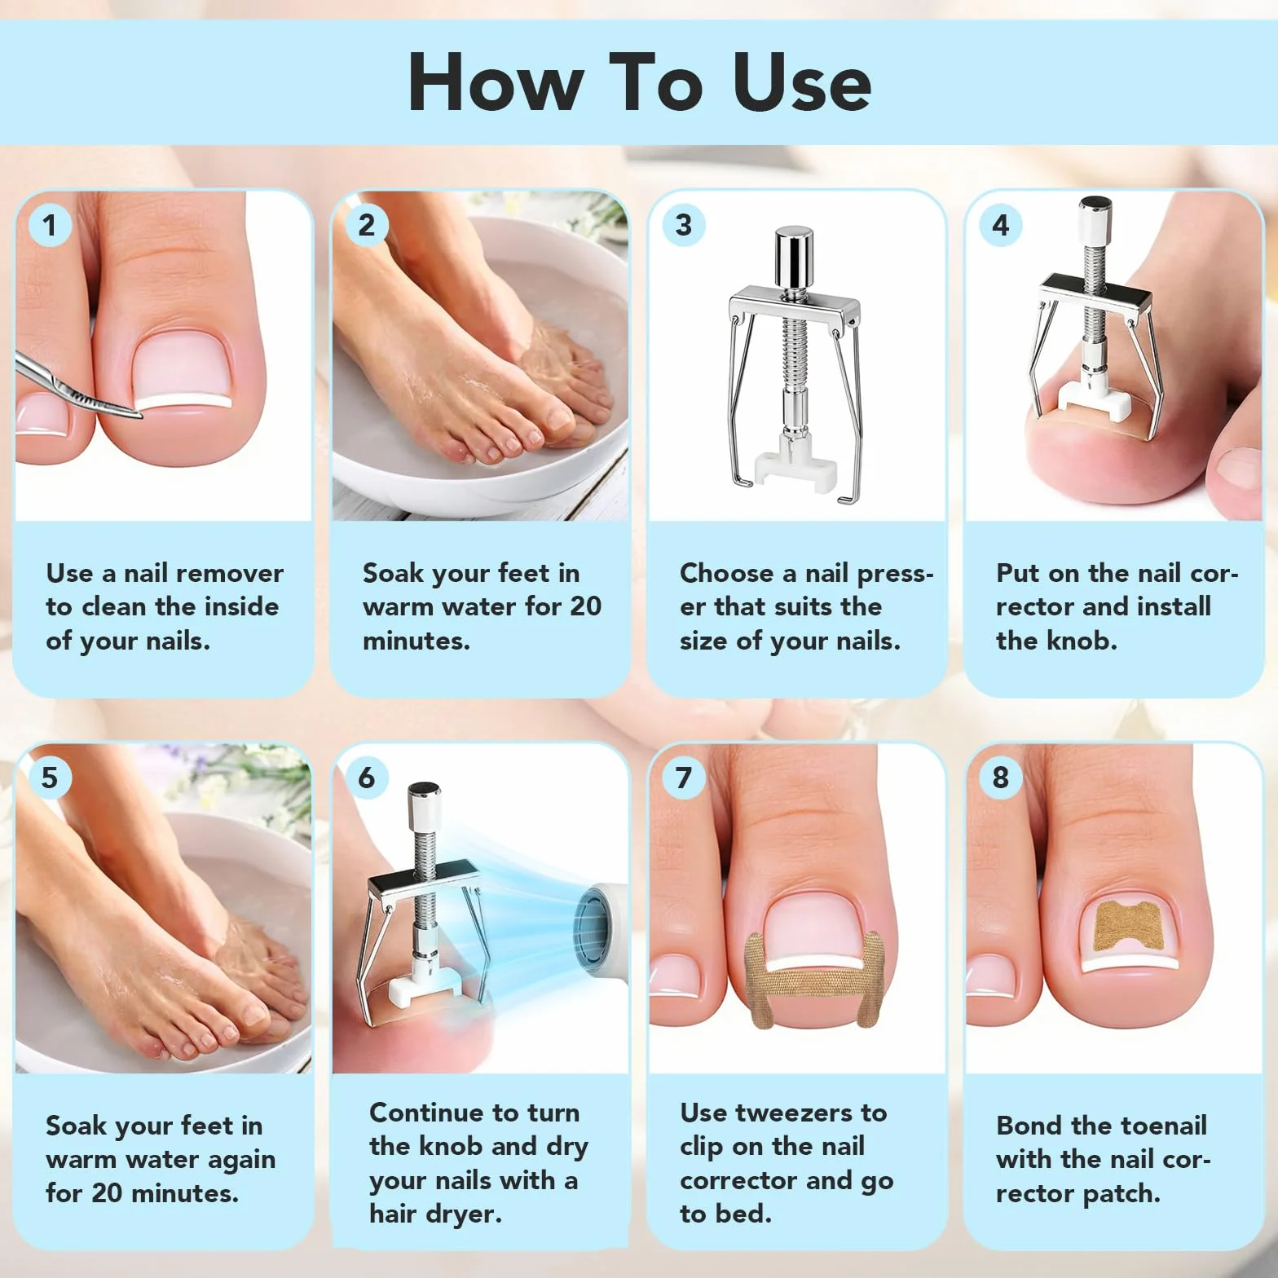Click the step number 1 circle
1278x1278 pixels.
pyautogui.click(x=50, y=225)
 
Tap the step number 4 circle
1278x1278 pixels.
pyautogui.click(x=1000, y=225)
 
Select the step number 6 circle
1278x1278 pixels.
pyautogui.click(x=367, y=778)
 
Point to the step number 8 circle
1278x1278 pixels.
pyautogui.click(x=1000, y=778)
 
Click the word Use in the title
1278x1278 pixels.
pyautogui.click(x=802, y=82)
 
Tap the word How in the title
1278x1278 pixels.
pyautogui.click(x=496, y=82)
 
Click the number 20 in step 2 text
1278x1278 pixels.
pyautogui.click(x=585, y=606)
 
